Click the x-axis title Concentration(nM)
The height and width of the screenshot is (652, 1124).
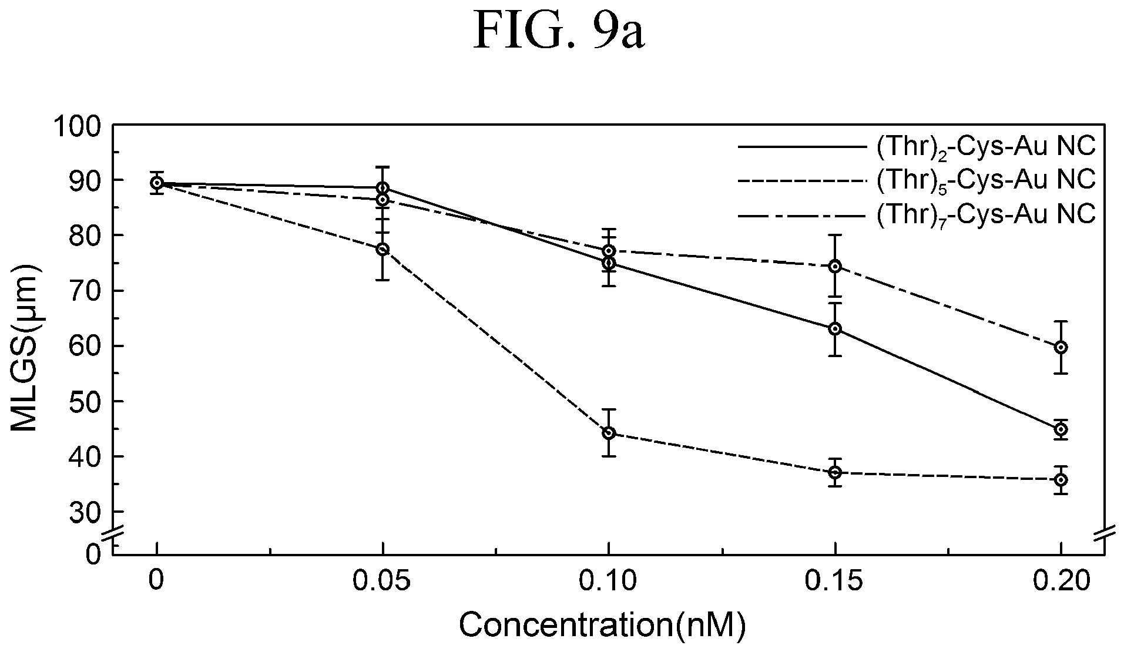[x=602, y=626]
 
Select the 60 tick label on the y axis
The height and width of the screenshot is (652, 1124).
[x=88, y=346]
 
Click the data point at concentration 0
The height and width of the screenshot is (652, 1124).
[x=156, y=183]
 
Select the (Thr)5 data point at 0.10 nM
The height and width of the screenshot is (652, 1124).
[x=609, y=433]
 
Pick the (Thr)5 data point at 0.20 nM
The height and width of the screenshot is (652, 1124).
[x=1061, y=480]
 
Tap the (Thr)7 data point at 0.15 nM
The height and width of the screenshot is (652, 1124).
[x=835, y=266]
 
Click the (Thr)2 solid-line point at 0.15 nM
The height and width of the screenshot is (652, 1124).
[x=835, y=329]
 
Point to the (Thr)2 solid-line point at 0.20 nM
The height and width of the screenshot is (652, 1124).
[x=1061, y=429]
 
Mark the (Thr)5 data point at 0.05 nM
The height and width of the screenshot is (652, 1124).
[x=383, y=249]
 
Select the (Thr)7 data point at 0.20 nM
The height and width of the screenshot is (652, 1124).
[x=1061, y=347]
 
